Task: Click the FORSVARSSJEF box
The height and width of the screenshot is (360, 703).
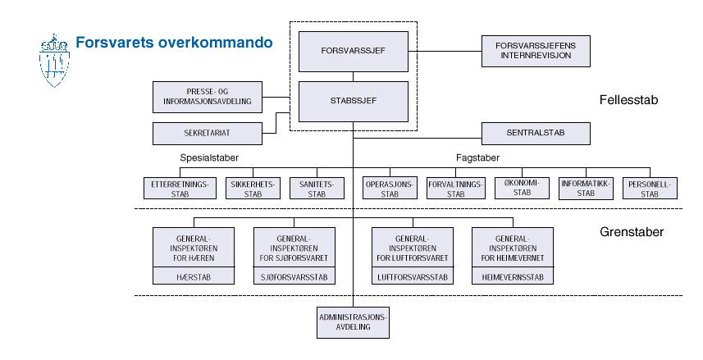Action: click(353, 51)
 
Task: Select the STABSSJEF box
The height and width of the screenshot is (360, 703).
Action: click(353, 100)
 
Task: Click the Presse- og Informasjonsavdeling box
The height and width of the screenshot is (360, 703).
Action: click(207, 97)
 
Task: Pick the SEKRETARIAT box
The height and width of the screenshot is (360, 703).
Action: click(207, 131)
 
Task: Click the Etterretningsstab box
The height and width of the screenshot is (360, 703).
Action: click(179, 189)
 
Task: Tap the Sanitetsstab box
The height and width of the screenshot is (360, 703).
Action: click(317, 189)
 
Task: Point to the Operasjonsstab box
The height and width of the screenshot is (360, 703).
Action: click(390, 189)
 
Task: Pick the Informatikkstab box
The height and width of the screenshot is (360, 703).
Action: click(585, 189)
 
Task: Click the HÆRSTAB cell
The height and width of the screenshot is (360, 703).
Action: click(194, 277)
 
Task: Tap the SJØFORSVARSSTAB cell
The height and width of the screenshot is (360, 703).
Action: click(294, 277)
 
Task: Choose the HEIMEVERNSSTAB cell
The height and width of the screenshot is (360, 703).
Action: click(513, 277)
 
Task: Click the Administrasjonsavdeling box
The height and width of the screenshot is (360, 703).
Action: click(353, 321)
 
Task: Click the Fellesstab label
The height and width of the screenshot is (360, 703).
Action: click(630, 100)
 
